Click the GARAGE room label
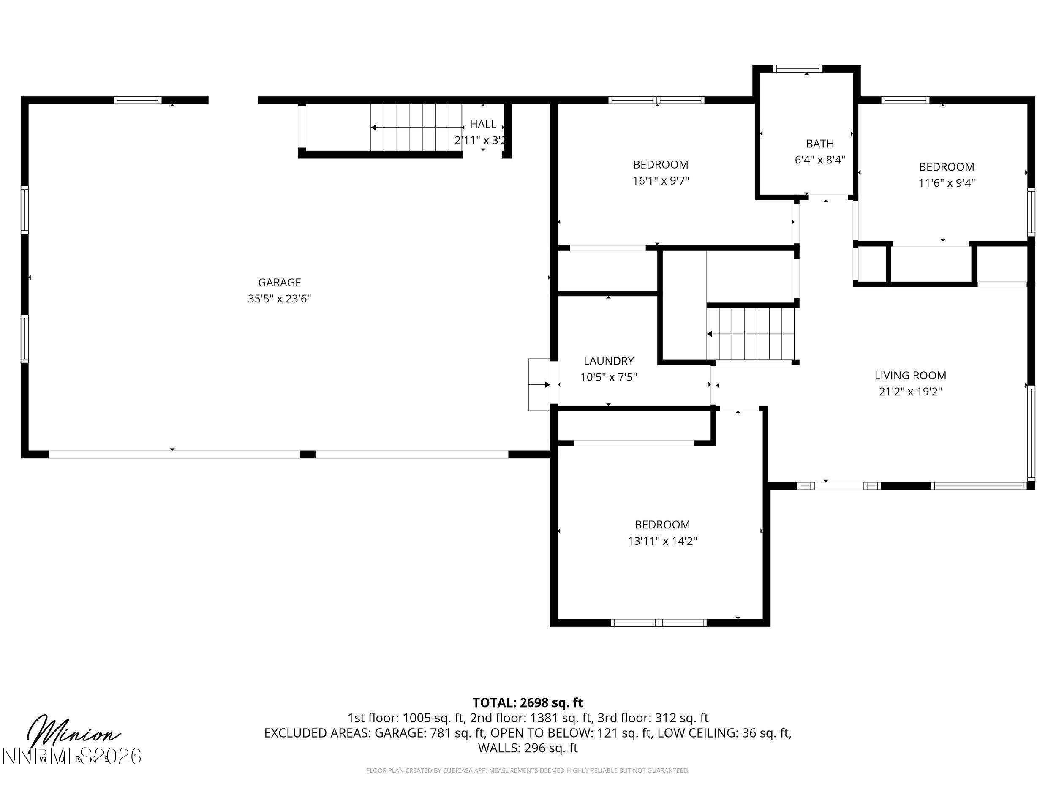[279, 282]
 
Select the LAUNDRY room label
[609, 361]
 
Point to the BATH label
[820, 144]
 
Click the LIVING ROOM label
[910, 376]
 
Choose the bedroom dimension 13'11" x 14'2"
[662, 541]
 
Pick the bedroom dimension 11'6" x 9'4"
[946, 183]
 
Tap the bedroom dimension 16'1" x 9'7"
[661, 181]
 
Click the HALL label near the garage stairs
[483, 125]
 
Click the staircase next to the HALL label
[415, 128]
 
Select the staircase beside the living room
[751, 334]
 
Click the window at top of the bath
[797, 69]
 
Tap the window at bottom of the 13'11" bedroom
[659, 623]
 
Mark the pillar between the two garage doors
[308, 455]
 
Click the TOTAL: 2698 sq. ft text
[528, 703]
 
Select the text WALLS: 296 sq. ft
[528, 748]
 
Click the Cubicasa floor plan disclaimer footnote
[528, 770]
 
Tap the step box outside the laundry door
[539, 385]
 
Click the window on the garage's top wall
[137, 100]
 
